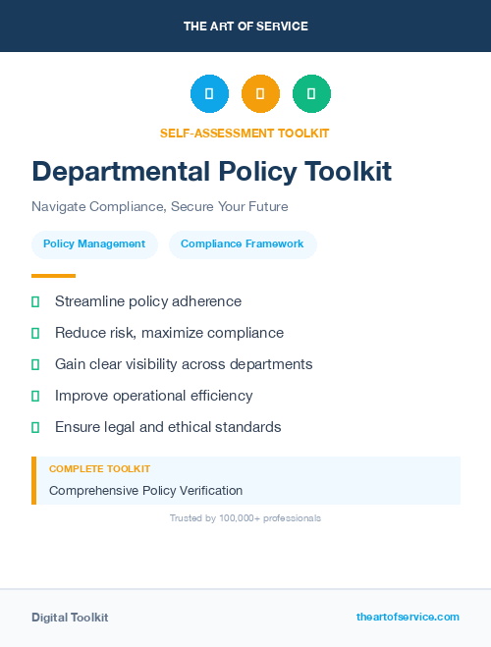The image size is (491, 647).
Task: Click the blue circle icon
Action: point(209,94)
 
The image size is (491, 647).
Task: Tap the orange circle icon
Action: point(260,94)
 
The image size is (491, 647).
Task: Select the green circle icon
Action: point(311,94)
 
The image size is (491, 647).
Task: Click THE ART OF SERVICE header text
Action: point(245,26)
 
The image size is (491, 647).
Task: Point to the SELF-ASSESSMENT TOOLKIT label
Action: point(245,133)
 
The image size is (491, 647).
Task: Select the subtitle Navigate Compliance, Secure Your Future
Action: point(159,207)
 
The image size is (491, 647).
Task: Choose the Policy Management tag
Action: point(94,243)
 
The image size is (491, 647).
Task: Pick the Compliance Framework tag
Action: point(243,243)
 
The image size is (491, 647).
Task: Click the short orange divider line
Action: point(53,276)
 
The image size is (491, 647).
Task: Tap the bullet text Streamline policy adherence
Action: point(148,301)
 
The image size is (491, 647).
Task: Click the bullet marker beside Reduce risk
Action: point(35,333)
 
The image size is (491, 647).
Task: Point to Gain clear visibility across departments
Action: point(184,364)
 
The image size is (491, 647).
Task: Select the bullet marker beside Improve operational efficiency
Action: point(35,396)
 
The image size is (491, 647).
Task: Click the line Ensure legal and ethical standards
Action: point(168,427)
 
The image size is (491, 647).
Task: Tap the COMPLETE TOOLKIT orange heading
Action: point(99,469)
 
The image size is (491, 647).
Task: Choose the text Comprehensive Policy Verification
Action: point(145,490)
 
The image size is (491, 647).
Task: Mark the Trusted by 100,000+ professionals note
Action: point(245,517)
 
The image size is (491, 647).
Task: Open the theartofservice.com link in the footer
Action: point(408,617)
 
